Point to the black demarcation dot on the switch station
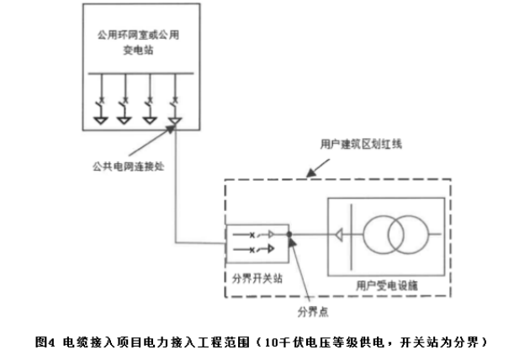tap(288, 236)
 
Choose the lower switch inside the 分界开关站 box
tap(256, 250)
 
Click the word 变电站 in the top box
tap(138, 51)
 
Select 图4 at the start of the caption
tap(45, 341)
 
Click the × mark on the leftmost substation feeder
tap(100, 103)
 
